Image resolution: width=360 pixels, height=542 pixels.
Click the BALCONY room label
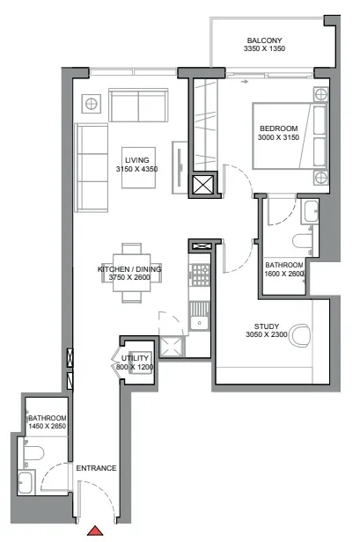click(264, 40)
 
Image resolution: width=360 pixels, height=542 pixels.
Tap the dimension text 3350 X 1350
click(264, 51)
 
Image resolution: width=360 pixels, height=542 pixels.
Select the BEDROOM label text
click(277, 129)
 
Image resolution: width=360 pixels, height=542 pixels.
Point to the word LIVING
click(136, 159)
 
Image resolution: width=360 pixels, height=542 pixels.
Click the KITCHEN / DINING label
click(130, 269)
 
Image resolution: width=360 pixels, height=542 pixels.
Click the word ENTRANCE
click(96, 468)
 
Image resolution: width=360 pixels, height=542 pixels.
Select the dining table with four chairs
click(130, 272)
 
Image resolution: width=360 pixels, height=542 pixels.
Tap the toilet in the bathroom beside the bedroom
click(299, 241)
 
